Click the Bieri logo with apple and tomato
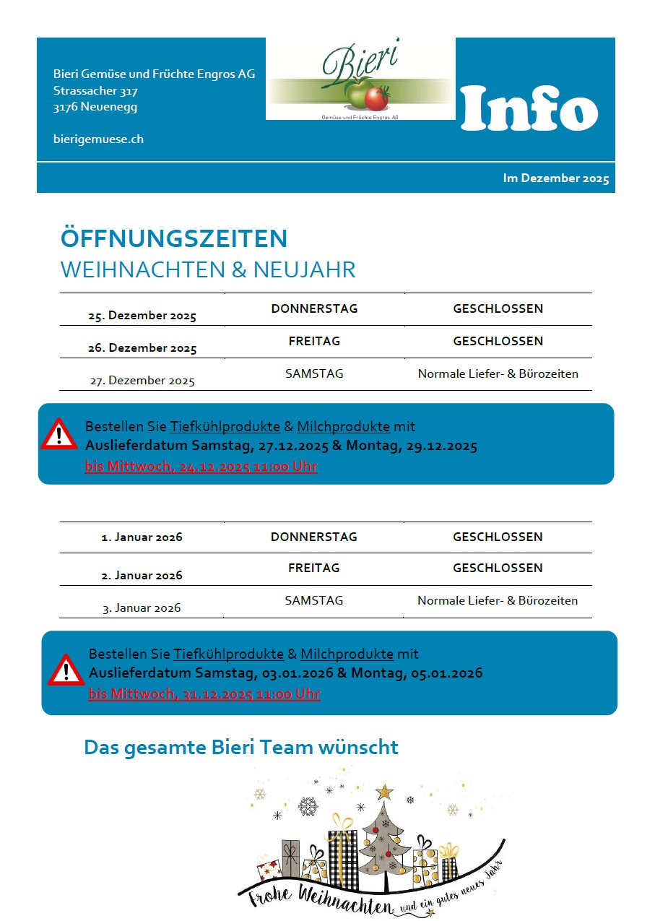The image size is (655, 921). point(360,79)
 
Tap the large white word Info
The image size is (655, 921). point(529,108)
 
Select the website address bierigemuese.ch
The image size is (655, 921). point(98,139)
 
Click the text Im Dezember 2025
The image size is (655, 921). point(556,178)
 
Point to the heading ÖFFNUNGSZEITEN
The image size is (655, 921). point(174,238)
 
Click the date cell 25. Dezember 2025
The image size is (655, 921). point(142,316)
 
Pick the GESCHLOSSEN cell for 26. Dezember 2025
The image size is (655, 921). point(498,341)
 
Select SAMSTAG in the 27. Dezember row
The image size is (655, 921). point(314,374)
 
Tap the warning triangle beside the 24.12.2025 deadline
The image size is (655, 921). point(58,435)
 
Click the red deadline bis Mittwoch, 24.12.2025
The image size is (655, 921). point(201,467)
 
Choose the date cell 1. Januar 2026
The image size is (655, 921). point(142,537)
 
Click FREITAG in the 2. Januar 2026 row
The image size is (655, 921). point(314,568)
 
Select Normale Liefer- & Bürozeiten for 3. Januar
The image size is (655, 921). point(498,601)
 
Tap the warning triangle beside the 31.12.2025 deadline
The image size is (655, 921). point(66,670)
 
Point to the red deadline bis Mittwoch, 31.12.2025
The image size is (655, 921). point(204,694)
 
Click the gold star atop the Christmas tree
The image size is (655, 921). point(385,792)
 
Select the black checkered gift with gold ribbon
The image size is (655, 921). point(342,859)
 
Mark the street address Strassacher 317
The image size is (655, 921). point(95,91)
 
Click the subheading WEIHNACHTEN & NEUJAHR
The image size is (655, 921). point(208,270)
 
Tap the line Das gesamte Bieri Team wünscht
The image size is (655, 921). point(241,747)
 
